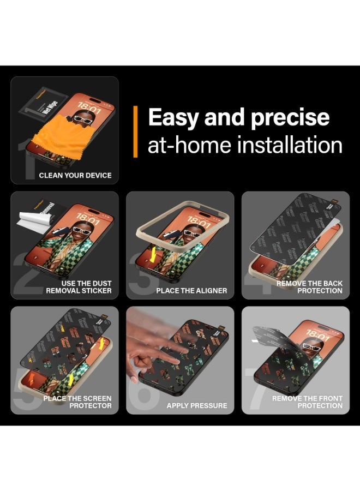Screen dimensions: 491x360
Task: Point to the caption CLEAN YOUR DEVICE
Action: [x=75, y=176]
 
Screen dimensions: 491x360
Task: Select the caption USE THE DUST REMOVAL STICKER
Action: [x=79, y=287]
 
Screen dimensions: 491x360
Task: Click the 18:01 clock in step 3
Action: [x=199, y=223]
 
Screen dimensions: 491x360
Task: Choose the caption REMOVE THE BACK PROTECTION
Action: [x=309, y=287]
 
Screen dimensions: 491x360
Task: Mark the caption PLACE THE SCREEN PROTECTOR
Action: [x=77, y=402]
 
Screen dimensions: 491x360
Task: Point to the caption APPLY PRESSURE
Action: [x=197, y=406]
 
